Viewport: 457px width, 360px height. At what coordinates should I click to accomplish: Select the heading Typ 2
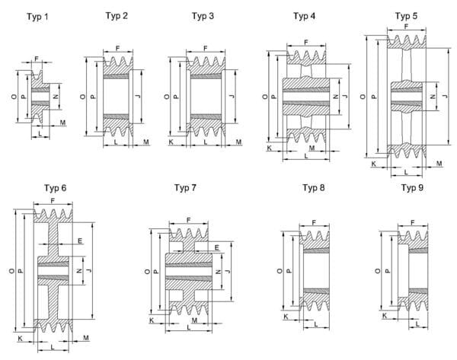tap(115, 16)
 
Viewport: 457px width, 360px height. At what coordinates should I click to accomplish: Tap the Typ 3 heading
tap(203, 16)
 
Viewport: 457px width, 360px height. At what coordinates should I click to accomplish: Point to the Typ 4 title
tap(305, 16)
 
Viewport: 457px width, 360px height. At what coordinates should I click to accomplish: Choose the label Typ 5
tap(406, 16)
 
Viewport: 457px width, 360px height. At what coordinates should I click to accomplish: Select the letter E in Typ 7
tap(218, 247)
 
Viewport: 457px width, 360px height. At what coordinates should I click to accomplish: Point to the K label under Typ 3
tap(170, 142)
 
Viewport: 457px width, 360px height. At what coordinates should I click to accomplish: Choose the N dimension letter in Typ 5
tap(433, 97)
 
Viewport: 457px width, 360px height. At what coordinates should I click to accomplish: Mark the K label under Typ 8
tap(286, 316)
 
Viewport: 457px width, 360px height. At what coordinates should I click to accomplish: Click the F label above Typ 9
tap(412, 222)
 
